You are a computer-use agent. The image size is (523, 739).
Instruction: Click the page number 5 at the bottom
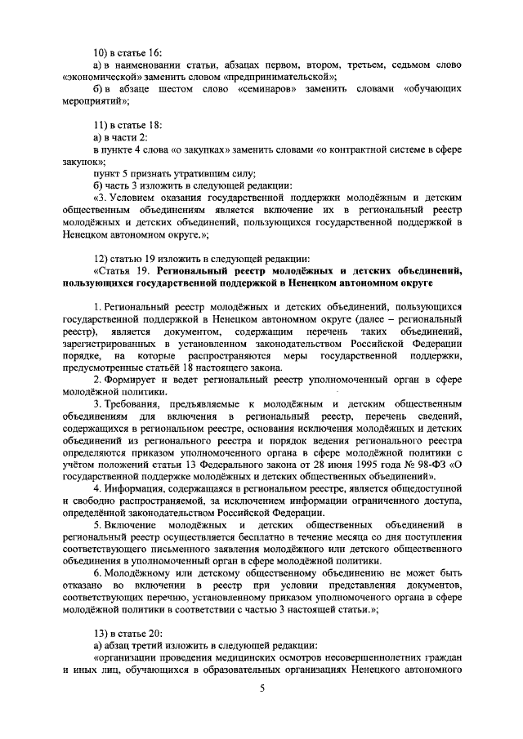pyautogui.click(x=262, y=689)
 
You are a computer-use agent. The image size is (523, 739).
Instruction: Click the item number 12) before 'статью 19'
pyautogui.click(x=102, y=258)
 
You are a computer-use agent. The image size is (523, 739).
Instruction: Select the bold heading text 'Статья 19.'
pyautogui.click(x=122, y=270)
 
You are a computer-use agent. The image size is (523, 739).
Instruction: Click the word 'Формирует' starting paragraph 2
pyautogui.click(x=135, y=380)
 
